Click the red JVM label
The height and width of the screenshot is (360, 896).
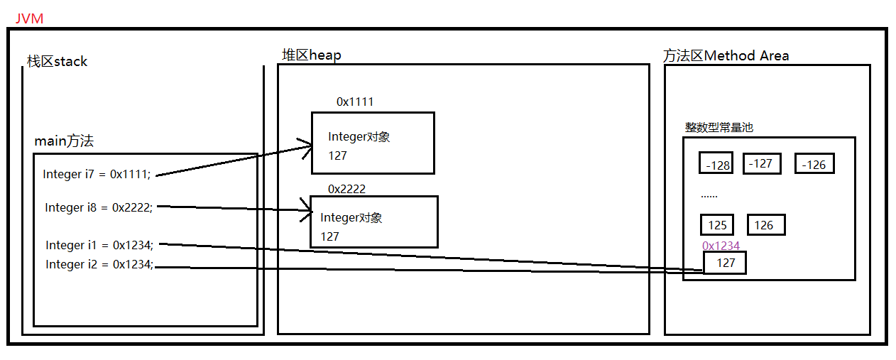coord(29,18)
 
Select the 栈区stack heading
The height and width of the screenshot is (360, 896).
coord(57,62)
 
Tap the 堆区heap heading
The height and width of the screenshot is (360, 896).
coord(311,55)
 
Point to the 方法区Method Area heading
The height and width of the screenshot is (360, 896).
coord(726,55)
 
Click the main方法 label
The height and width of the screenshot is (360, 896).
coord(64,141)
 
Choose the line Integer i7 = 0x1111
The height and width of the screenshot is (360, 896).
coord(97,174)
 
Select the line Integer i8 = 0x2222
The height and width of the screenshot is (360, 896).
coord(99,207)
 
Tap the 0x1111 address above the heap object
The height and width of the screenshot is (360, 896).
coord(355,102)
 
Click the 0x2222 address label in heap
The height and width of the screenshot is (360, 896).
coord(346,189)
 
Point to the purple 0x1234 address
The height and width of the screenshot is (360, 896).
coord(721,246)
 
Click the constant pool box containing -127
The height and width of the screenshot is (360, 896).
coord(761,163)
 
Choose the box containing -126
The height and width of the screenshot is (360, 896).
coord(814,164)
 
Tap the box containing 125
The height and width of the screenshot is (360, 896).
coord(718,225)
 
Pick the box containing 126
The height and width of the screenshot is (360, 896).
coord(765,225)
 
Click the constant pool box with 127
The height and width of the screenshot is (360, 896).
coord(725,263)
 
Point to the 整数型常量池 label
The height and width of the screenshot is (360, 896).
coord(719,128)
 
